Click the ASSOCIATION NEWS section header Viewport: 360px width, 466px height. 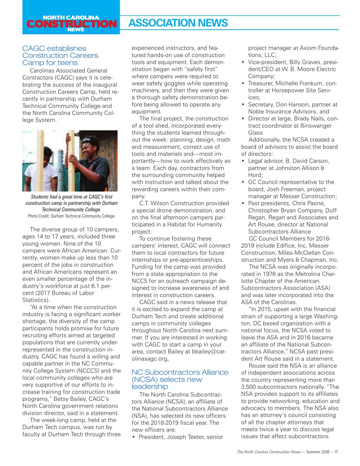178,23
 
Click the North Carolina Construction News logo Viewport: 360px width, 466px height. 71,23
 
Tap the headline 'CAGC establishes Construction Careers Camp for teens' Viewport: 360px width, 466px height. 60,56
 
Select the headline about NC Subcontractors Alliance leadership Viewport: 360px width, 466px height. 180,379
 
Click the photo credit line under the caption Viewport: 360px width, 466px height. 71,216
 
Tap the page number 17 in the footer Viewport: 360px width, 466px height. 336,452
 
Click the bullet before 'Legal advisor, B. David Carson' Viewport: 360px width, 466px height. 243,161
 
